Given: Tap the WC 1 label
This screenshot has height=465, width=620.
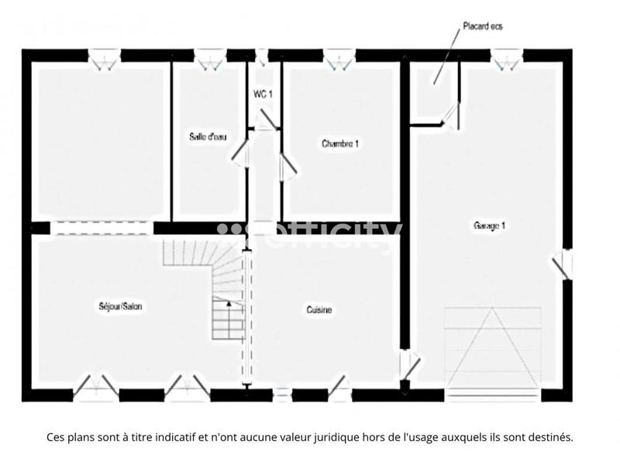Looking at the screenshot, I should coord(263,94).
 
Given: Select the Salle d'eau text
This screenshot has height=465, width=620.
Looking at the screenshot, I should coord(208,137).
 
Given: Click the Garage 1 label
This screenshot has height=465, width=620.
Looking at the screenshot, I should coord(489,226).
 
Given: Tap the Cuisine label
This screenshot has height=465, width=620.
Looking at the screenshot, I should coord(319,310).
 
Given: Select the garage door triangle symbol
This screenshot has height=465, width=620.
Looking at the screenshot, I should coord(491,348).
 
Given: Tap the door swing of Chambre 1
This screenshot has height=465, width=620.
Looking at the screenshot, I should coord(286,164).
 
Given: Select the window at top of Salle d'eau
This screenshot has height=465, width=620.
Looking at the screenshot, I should coord(208,57).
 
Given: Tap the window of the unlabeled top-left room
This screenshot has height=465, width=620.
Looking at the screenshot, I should coord(102,57).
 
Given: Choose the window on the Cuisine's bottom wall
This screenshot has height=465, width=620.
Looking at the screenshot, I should coord(282,395).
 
